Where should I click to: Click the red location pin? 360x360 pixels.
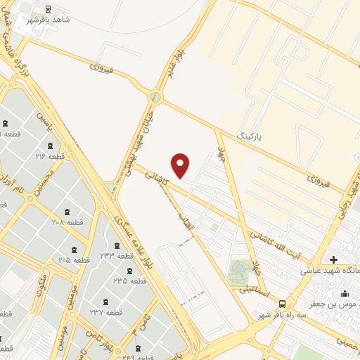click(x=181, y=165)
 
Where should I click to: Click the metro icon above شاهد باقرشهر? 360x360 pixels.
click(x=47, y=9)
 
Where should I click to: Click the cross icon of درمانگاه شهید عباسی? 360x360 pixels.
click(x=333, y=259)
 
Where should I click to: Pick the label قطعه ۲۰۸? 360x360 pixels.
click(x=67, y=222)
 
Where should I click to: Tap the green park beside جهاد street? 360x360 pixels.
click(x=240, y=271)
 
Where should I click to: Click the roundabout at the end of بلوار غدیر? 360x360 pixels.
click(x=156, y=97)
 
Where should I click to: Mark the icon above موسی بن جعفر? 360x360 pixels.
click(x=345, y=294)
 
